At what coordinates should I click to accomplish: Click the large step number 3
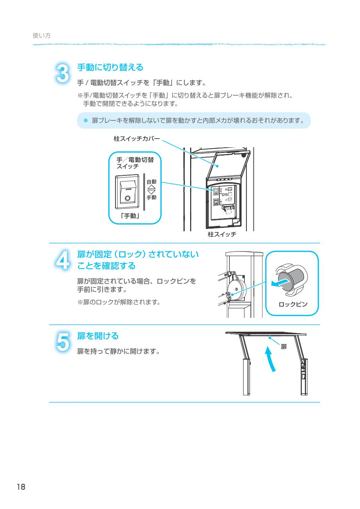coord(62,73)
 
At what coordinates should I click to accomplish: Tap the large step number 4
coord(62,259)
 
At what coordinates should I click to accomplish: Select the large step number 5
coord(62,341)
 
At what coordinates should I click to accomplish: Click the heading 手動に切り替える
coord(110,67)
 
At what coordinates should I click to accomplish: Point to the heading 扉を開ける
coord(98,335)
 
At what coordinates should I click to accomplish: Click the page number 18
coord(21,487)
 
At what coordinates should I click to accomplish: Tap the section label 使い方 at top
coord(42,36)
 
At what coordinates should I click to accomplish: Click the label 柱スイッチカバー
coord(136,139)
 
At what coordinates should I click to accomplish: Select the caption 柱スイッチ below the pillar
coord(222,235)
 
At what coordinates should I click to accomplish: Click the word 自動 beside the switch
coord(151,181)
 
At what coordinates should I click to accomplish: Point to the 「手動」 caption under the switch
coord(130,216)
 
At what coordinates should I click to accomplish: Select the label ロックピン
coord(292,304)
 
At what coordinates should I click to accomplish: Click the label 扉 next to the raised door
coord(283,347)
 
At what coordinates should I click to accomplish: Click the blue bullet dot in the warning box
coord(85,120)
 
